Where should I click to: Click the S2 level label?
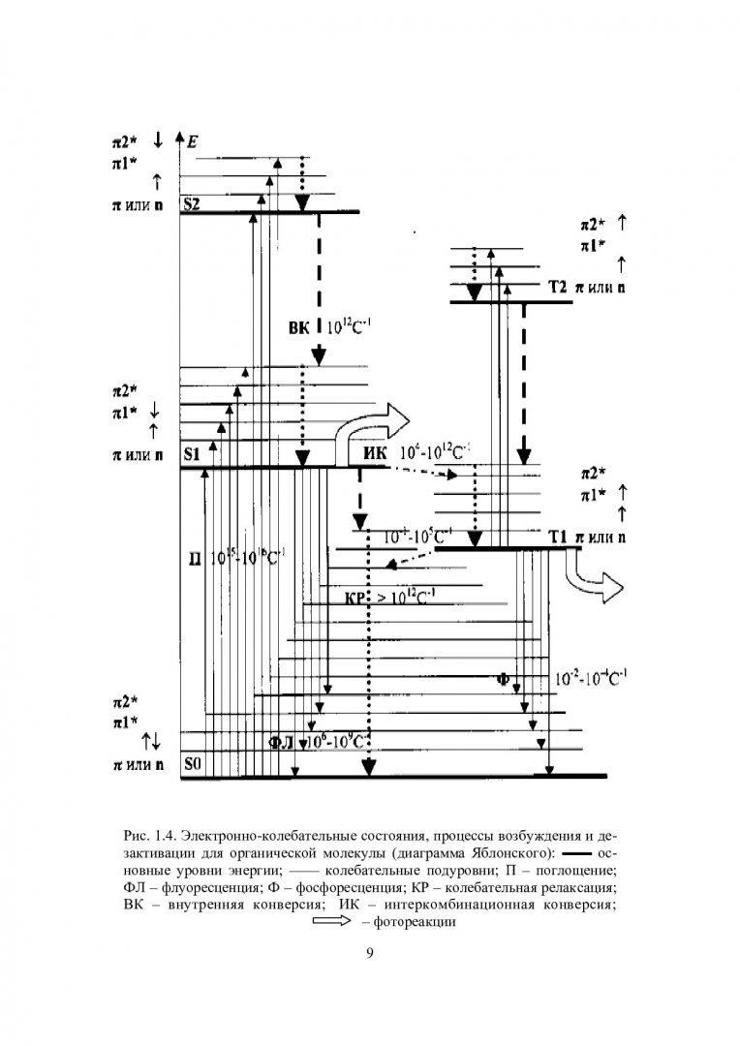pos(191,205)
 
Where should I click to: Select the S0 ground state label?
pos(192,764)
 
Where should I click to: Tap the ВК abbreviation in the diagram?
pos(299,328)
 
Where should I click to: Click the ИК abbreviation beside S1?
pos(375,452)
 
